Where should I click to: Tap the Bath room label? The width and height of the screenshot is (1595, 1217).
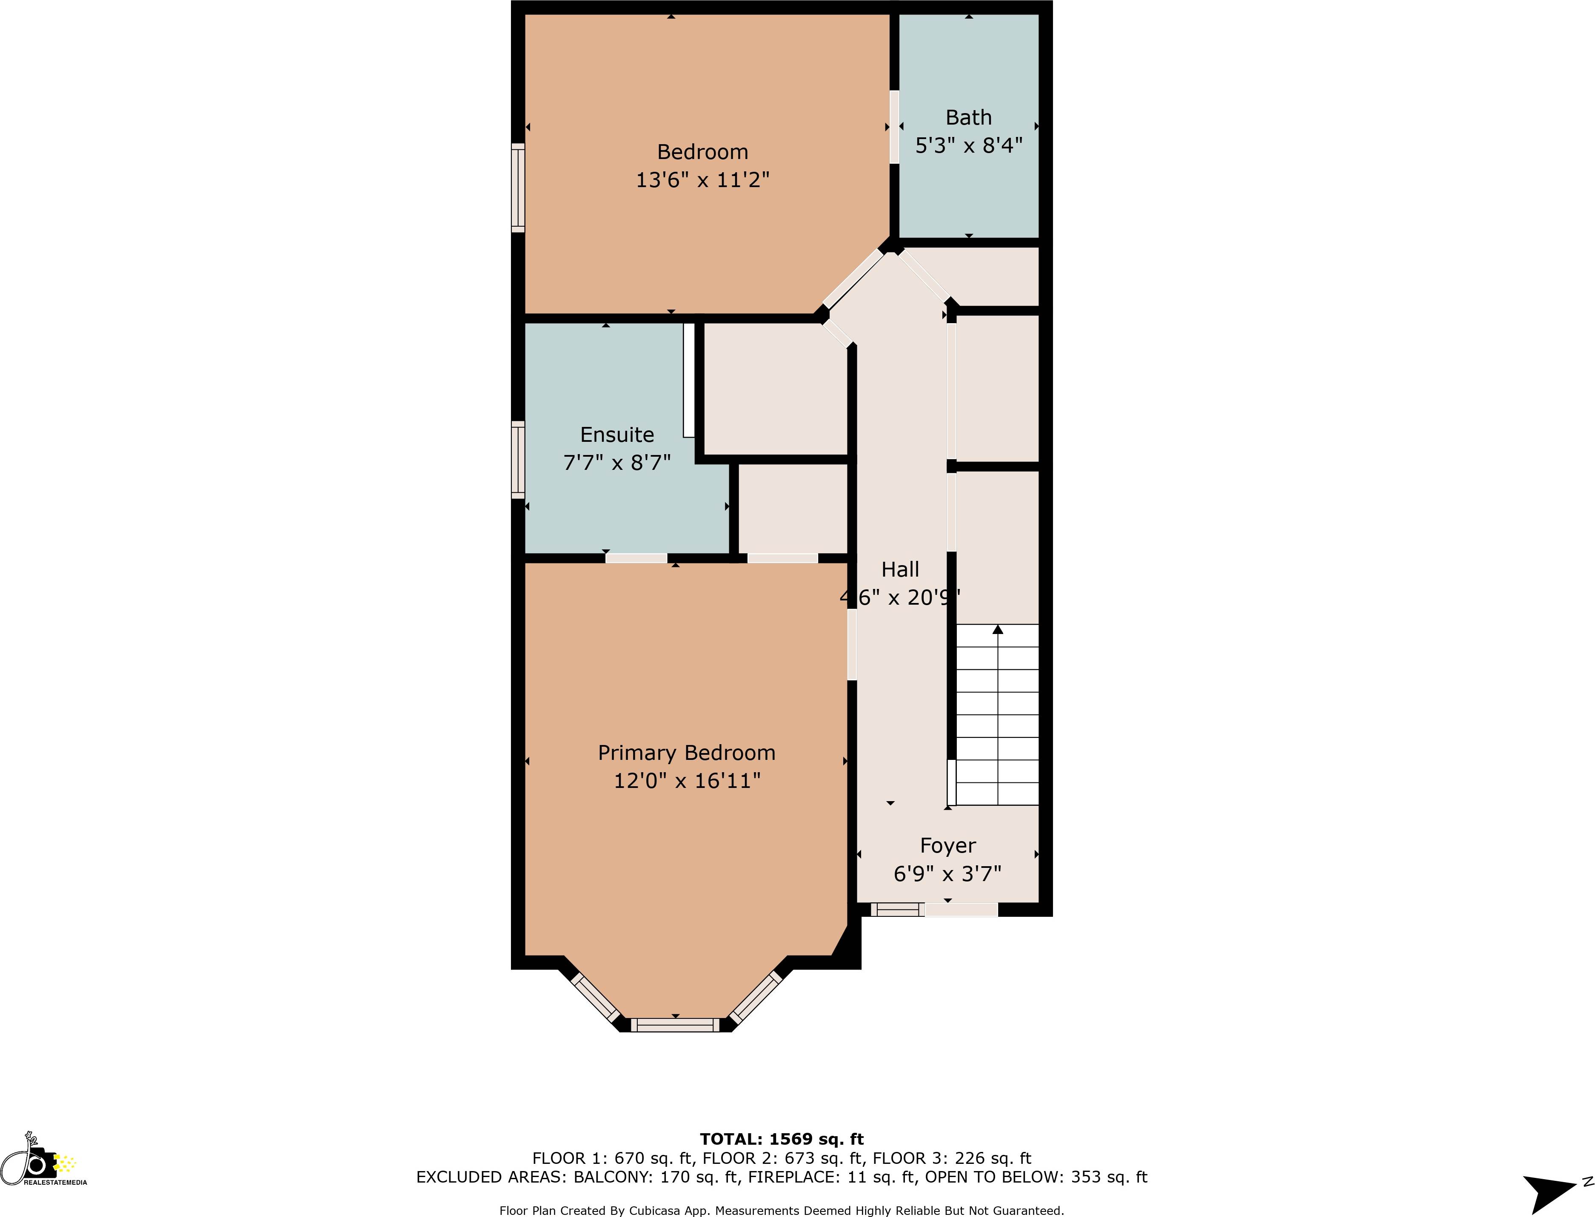pyautogui.click(x=968, y=117)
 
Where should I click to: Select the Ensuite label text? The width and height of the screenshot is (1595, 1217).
pyautogui.click(x=617, y=435)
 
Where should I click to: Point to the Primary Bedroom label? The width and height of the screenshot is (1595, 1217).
pyautogui.click(x=686, y=753)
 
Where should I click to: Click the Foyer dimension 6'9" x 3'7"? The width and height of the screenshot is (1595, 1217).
pyautogui.click(x=947, y=874)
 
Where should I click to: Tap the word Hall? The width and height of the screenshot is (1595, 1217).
pyautogui.click(x=900, y=569)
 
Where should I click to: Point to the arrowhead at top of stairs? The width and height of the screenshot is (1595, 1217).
pyautogui.click(x=998, y=629)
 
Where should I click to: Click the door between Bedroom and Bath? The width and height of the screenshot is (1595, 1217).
pyautogui.click(x=894, y=127)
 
